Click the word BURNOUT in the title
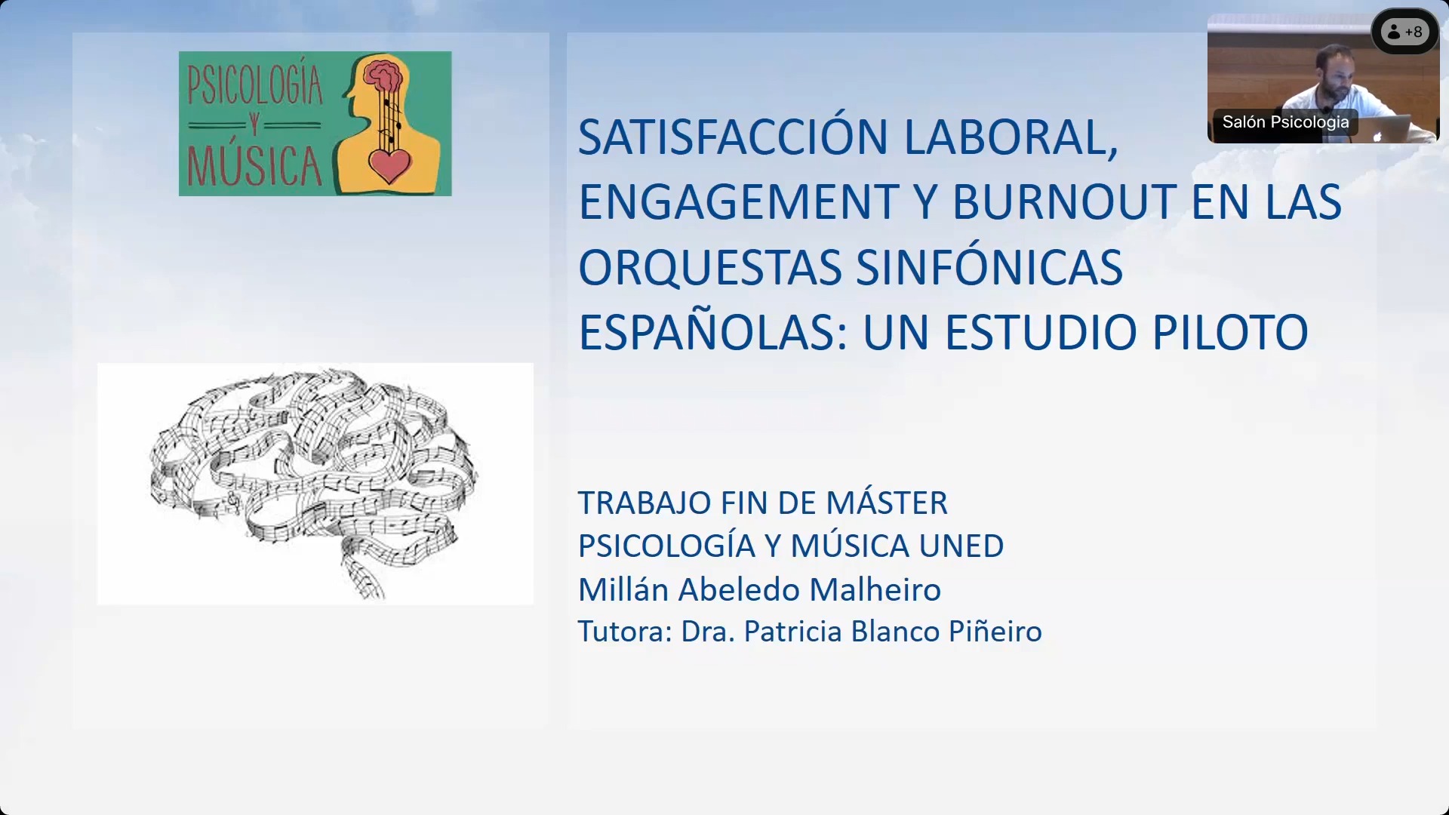click(x=1064, y=202)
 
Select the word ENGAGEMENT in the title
click(x=738, y=202)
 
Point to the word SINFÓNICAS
click(x=989, y=267)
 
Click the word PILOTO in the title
click(x=1230, y=333)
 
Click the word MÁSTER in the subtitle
click(x=887, y=503)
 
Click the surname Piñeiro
click(x=995, y=632)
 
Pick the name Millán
click(x=623, y=589)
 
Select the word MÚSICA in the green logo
click(x=255, y=166)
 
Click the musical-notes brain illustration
click(x=315, y=483)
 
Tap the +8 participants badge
click(x=1404, y=32)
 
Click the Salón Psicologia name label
click(x=1285, y=121)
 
